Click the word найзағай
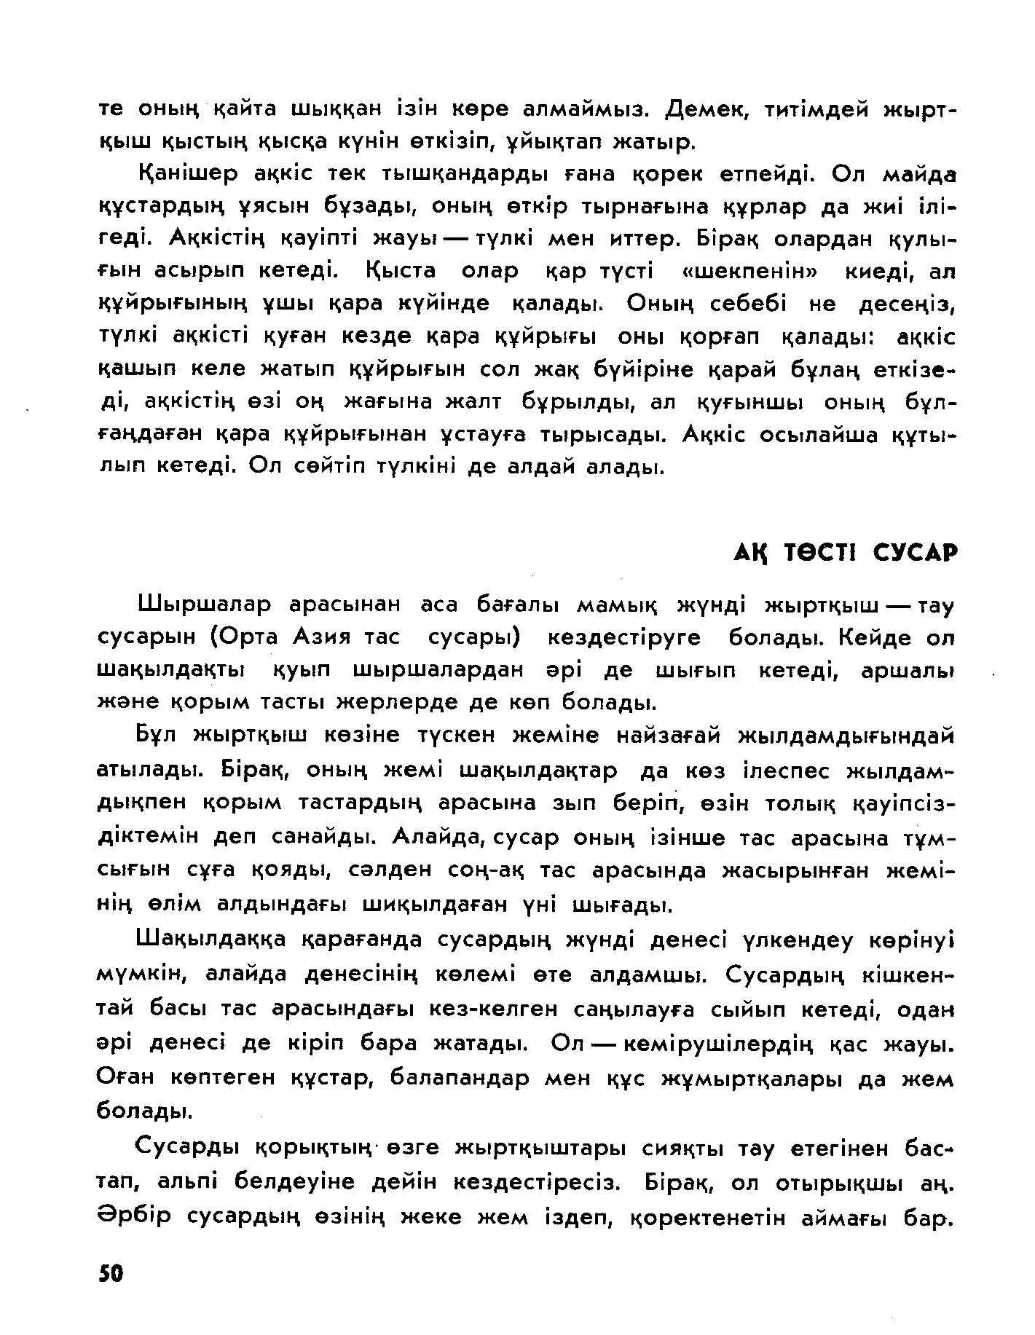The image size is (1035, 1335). pos(669,736)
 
